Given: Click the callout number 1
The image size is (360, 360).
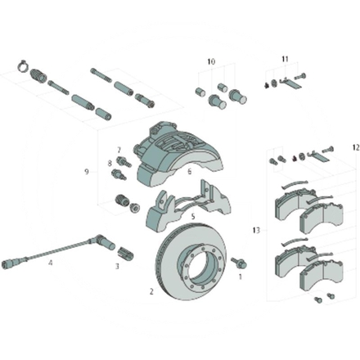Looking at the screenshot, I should point(240,277).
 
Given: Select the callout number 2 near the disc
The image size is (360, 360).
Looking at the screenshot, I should point(151,290).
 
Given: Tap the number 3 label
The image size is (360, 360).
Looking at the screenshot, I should point(116,266).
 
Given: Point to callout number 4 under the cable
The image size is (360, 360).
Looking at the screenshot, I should point(50,263).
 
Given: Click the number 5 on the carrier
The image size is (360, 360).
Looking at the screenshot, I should point(191,217).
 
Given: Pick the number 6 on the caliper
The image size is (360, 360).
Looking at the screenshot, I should point(189,172).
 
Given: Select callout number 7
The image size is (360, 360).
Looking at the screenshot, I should point(119,150).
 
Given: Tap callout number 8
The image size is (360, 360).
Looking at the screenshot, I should point(110,163).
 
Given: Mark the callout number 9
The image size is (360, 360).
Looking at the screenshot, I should point(85,172).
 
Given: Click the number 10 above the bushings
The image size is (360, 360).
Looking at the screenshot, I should point(210,62).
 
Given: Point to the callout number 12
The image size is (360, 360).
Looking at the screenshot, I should point(355,147).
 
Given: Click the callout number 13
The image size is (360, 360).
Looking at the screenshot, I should point(256,231).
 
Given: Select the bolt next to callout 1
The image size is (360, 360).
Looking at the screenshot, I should point(239,263).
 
